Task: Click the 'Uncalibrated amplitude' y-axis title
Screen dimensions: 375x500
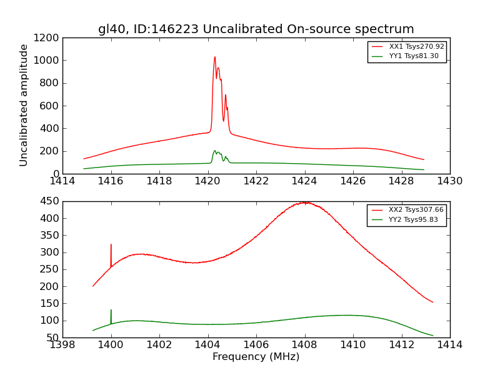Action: click(24, 105)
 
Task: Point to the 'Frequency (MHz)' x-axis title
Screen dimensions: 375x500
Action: click(256, 357)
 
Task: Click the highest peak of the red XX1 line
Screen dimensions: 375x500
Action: click(215, 57)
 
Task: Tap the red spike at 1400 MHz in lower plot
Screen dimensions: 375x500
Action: click(111, 245)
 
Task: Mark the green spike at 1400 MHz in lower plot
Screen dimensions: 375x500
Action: click(111, 311)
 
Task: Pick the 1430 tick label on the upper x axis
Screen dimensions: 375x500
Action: click(449, 181)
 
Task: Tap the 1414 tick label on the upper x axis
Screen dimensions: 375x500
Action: click(62, 181)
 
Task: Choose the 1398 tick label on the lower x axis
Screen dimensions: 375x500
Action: click(62, 345)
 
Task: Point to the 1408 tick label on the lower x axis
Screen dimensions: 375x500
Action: click(304, 345)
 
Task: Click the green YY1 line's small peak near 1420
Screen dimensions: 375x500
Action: click(215, 151)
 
